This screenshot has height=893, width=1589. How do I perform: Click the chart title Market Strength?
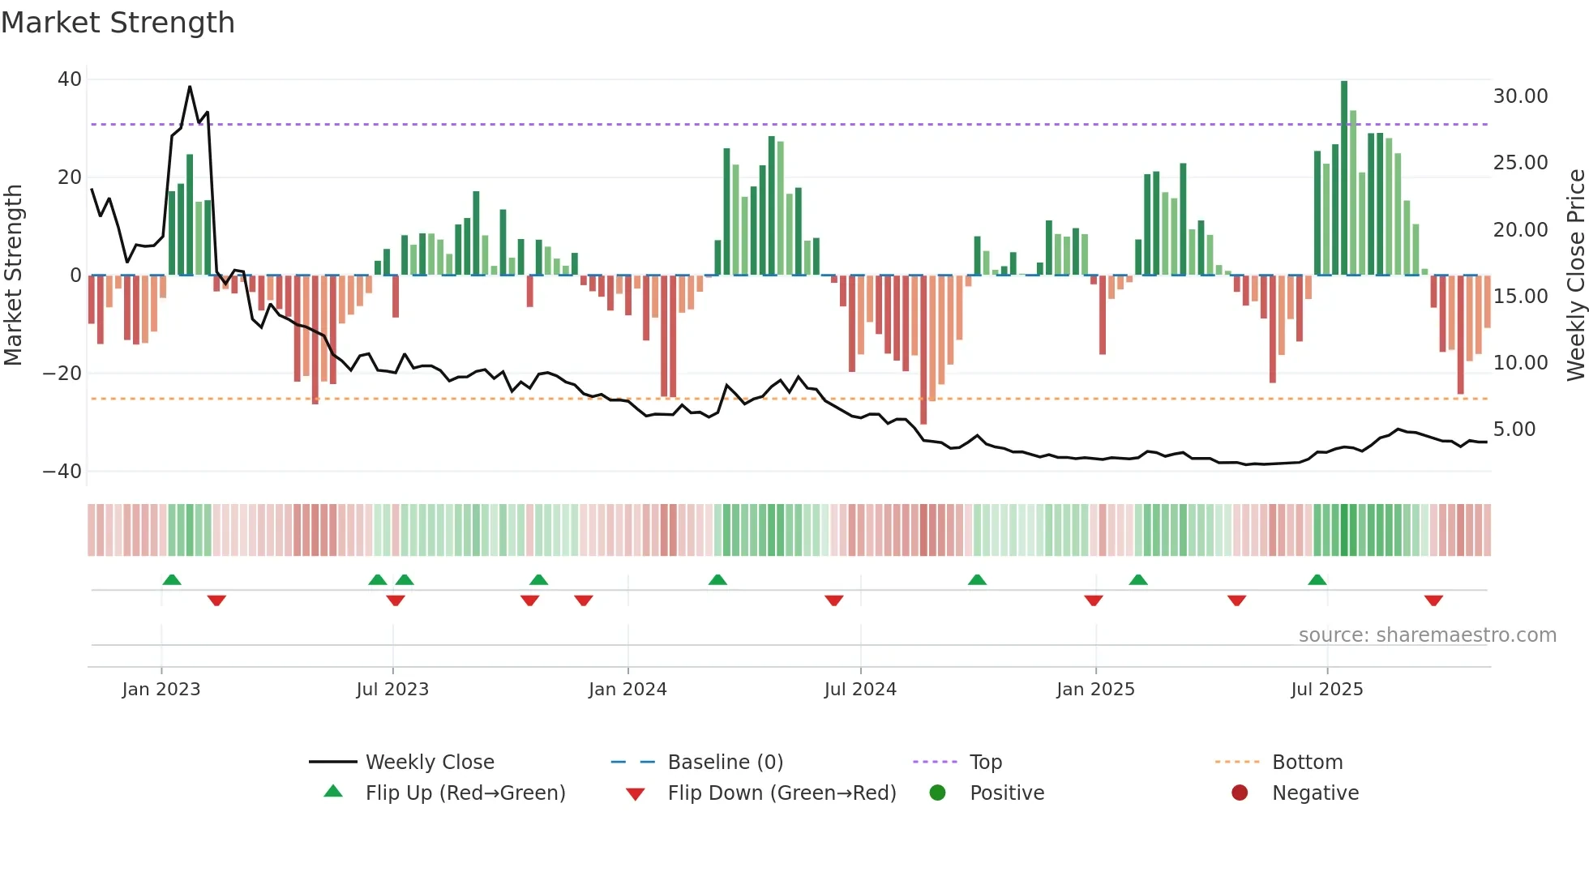[x=118, y=23]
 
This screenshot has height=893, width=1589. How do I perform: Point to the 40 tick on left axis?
[x=70, y=79]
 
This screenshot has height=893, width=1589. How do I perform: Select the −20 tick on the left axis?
[x=62, y=374]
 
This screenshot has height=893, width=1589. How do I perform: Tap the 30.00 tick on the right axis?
[x=1520, y=96]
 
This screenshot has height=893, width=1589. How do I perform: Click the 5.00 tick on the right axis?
[x=1514, y=429]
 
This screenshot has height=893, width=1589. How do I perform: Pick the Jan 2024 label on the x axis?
[x=627, y=690]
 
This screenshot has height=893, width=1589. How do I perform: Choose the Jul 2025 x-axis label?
[x=1326, y=690]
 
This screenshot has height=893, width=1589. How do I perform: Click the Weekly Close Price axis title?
[x=1575, y=276]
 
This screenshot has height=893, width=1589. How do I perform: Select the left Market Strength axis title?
[x=14, y=276]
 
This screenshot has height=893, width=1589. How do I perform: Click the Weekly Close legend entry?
[x=429, y=763]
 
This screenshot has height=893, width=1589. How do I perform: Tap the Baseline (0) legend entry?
[x=725, y=763]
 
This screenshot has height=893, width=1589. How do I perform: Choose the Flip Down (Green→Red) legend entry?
[x=781, y=793]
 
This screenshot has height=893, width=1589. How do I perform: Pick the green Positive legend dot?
[x=937, y=793]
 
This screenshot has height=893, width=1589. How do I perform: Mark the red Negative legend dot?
[x=1239, y=793]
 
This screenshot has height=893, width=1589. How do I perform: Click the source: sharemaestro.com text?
[x=1427, y=635]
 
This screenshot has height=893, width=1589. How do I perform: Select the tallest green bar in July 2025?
[x=1344, y=178]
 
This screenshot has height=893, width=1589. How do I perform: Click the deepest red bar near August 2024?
[x=923, y=348]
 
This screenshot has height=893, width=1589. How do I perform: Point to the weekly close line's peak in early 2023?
[x=190, y=87]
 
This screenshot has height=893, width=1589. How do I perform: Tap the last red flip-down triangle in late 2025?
[x=1433, y=600]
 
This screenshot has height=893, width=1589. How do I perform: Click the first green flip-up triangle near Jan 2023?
[x=172, y=579]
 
